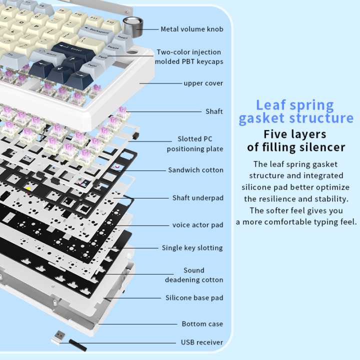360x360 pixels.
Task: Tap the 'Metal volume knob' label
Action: pyautogui.click(x=192, y=29)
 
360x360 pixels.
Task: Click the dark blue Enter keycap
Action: pyautogui.click(x=73, y=51)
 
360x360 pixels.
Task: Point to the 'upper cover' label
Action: pyautogui.click(x=203, y=83)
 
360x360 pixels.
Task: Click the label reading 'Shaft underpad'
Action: pyautogui.click(x=198, y=198)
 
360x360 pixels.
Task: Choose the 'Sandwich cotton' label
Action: pyautogui.click(x=195, y=170)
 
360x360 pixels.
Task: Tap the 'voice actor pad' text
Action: pyautogui.click(x=197, y=225)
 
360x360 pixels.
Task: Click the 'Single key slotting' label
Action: pyautogui.click(x=192, y=248)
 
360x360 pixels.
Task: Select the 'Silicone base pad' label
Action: pyautogui.click(x=194, y=298)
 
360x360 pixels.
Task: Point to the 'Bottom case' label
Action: pyautogui.click(x=202, y=324)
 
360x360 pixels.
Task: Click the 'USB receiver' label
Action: pyautogui.click(x=202, y=342)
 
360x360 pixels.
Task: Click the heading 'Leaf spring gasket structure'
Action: pyautogui.click(x=295, y=112)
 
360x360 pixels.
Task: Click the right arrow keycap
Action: pyautogui.click(x=79, y=79)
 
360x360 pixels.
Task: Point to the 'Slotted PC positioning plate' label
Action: pyautogui.click(x=195, y=144)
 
